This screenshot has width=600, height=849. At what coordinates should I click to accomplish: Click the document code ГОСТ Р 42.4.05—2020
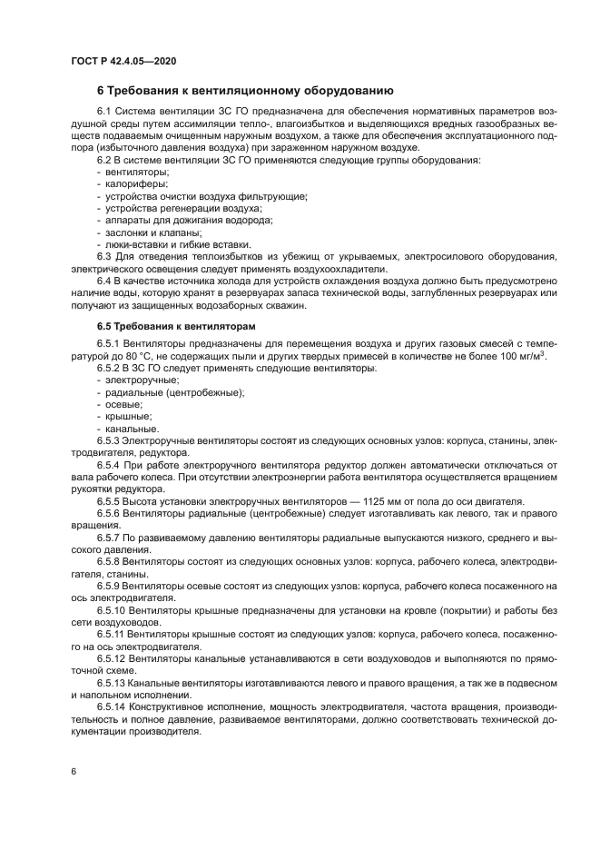(123, 61)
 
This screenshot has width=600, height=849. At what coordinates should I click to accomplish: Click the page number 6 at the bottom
(74, 771)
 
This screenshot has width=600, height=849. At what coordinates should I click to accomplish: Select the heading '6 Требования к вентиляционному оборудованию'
(244, 90)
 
